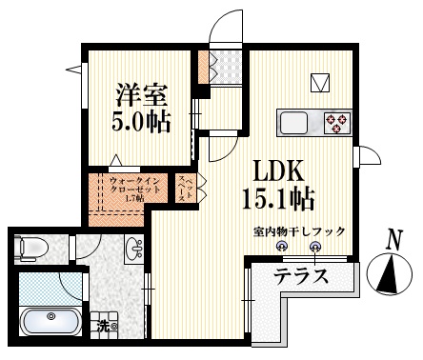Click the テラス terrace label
302,277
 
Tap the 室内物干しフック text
299,231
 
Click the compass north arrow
392,275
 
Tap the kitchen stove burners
338,121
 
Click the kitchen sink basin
293,122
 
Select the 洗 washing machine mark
101,326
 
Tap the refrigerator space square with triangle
321,81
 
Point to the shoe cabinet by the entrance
203,67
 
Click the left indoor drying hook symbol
282,247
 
